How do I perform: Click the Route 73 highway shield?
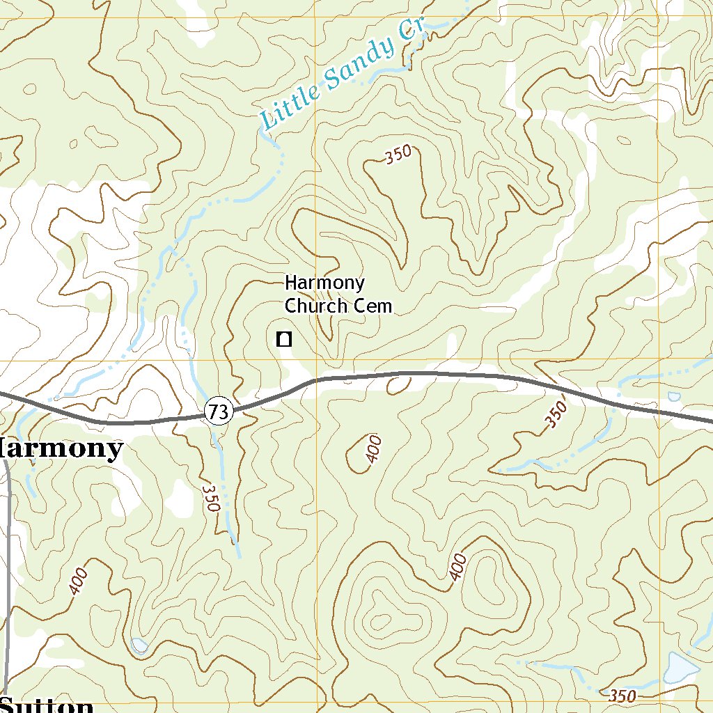218,412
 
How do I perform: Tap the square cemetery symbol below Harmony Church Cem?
283,340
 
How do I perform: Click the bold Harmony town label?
61,449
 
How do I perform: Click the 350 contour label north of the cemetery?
399,155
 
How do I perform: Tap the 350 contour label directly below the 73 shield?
211,498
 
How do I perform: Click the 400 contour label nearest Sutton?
79,581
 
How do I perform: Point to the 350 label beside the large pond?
622,695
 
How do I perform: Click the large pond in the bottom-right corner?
680,668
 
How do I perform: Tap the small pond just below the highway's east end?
673,397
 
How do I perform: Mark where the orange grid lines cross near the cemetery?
316,361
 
